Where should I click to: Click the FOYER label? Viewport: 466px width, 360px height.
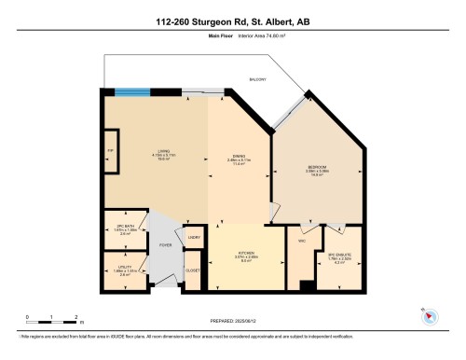point(165,245)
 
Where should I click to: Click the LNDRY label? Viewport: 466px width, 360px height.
point(194,238)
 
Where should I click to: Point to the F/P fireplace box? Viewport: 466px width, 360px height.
point(111,151)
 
